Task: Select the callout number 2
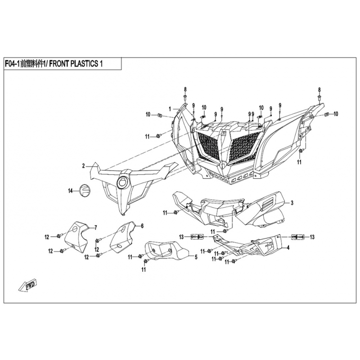point(84,166)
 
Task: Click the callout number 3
point(292,203)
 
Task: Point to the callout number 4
point(288,247)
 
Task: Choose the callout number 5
point(196,257)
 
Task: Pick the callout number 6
point(142,226)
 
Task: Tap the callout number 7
point(95,228)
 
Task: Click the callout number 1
point(170,109)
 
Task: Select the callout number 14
point(71,190)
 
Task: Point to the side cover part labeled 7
point(76,237)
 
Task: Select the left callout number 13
point(181,237)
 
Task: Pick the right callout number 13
point(312,237)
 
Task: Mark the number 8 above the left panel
point(185,89)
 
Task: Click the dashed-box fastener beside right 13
point(297,237)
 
